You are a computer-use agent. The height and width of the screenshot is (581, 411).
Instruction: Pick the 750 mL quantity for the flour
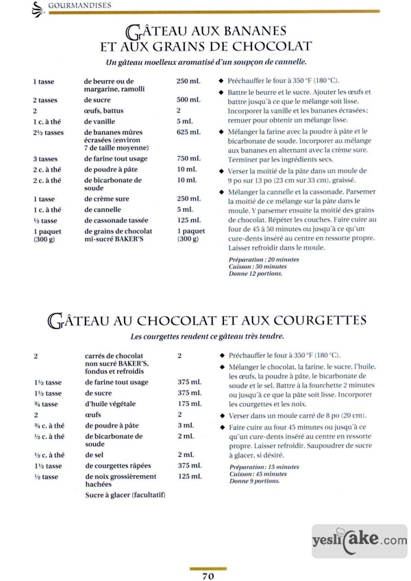coord(188,159)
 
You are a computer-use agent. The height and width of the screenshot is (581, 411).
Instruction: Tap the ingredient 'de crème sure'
coord(106,198)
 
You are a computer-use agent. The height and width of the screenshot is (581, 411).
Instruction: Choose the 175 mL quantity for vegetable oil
coord(188,404)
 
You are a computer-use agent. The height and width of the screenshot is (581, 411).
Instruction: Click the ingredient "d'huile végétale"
coord(112,404)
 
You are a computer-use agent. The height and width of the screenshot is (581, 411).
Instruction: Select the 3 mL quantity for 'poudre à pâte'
coord(185,425)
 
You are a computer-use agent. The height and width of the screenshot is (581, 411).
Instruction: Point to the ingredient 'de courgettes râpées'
coord(120,465)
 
